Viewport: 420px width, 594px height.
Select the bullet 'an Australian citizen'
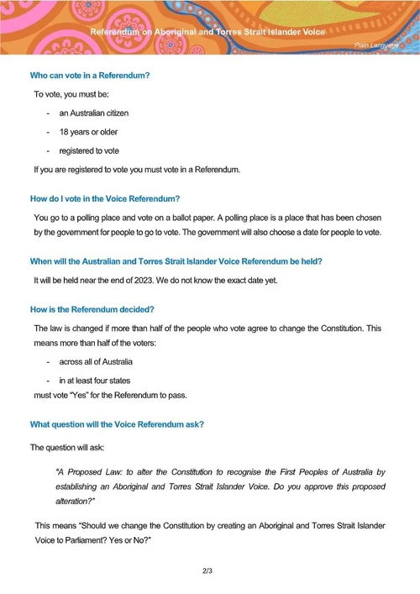(93, 113)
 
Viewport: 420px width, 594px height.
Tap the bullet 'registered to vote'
(89, 150)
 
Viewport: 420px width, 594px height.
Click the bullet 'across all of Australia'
(96, 361)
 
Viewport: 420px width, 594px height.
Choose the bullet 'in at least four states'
(94, 381)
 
